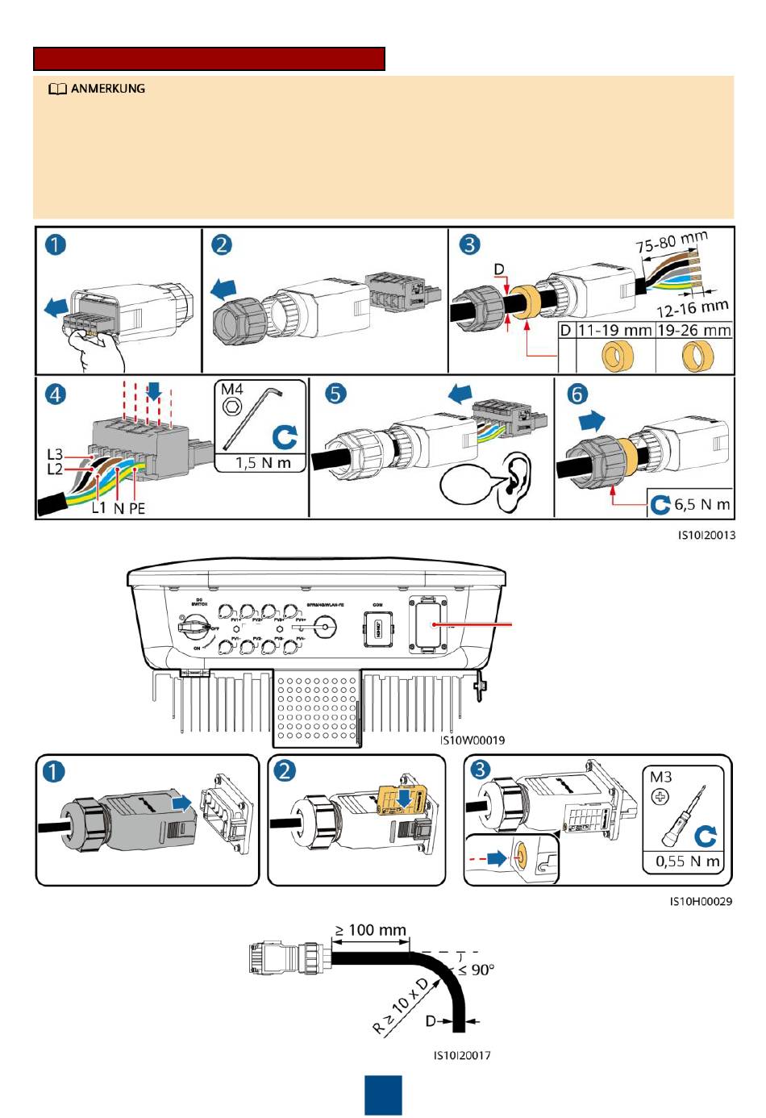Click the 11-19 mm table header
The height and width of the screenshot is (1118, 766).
[x=614, y=330]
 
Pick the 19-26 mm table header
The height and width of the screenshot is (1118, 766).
[x=694, y=330]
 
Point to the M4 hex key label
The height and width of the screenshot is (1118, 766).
[x=232, y=390]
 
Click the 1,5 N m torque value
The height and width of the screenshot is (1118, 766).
[x=263, y=462]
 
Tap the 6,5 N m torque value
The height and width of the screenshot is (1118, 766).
[x=701, y=504]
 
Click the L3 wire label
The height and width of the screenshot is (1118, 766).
[x=54, y=455]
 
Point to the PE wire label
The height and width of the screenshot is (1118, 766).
[x=137, y=508]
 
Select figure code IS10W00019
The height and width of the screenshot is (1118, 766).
[x=472, y=740]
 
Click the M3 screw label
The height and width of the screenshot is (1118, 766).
[x=661, y=777]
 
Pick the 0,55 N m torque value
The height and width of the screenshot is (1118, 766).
[x=687, y=861]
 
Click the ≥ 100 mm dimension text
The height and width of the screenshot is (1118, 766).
[x=371, y=930]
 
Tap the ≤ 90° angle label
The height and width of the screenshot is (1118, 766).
[x=477, y=970]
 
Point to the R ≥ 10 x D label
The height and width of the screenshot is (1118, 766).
[x=401, y=1005]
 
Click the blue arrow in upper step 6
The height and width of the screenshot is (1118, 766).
[x=592, y=420]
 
